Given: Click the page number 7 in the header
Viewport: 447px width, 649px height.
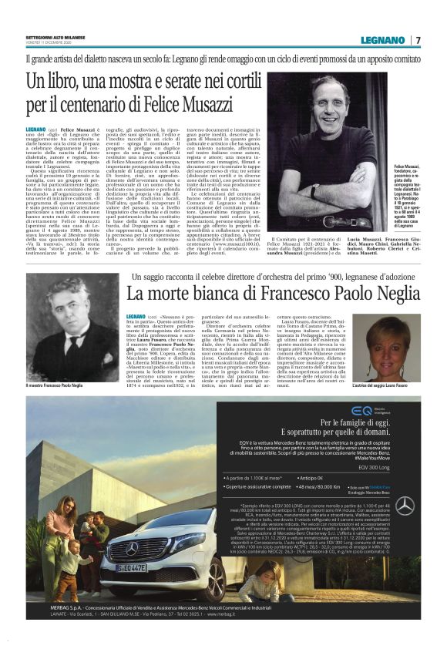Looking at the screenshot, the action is coord(418,40).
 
